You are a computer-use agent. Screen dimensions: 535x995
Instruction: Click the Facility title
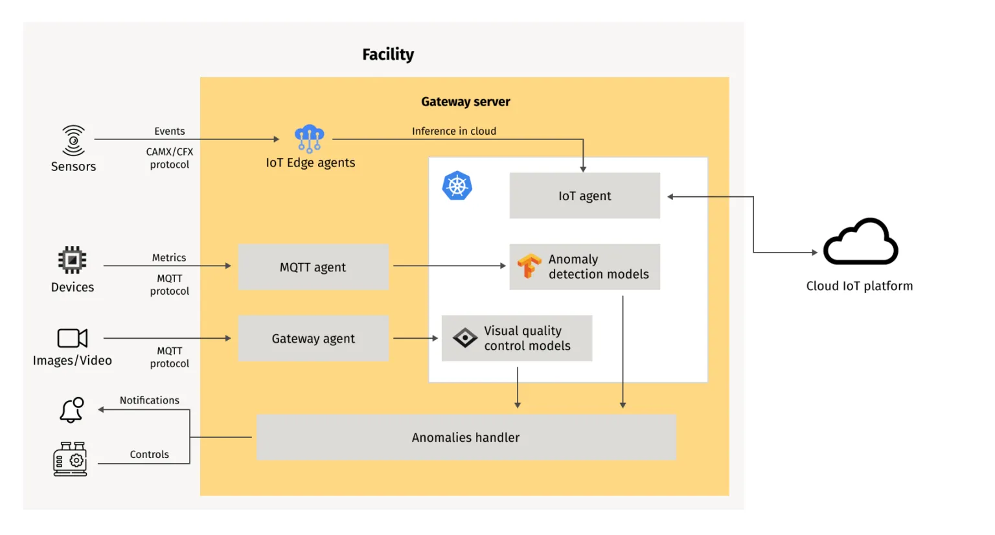click(387, 54)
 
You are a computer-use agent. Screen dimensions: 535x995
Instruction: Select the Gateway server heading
click(465, 102)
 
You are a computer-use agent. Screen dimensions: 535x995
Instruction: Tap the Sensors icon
click(73, 141)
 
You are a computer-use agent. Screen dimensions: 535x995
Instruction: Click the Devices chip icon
click(72, 260)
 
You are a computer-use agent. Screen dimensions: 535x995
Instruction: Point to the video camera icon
click(72, 338)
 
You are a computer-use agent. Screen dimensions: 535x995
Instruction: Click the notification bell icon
click(71, 410)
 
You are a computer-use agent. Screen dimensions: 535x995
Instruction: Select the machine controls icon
click(70, 459)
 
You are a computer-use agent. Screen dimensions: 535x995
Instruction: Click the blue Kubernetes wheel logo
click(457, 186)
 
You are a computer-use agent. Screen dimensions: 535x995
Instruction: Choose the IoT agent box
click(584, 196)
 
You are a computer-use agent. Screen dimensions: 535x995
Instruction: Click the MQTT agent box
click(313, 267)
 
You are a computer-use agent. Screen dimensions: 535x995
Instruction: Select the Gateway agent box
click(313, 338)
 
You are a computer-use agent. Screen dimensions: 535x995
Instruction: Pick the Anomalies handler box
click(466, 437)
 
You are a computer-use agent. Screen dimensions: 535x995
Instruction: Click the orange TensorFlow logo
click(529, 266)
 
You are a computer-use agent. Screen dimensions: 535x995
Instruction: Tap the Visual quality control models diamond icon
click(464, 338)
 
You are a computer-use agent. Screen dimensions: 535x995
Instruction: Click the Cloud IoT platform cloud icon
click(860, 242)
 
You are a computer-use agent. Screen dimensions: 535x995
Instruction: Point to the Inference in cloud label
click(453, 131)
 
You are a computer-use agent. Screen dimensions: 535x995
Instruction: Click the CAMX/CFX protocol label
click(169, 158)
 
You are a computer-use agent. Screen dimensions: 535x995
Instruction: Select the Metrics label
click(168, 258)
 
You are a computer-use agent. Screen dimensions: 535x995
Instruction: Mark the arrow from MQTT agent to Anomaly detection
click(449, 266)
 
